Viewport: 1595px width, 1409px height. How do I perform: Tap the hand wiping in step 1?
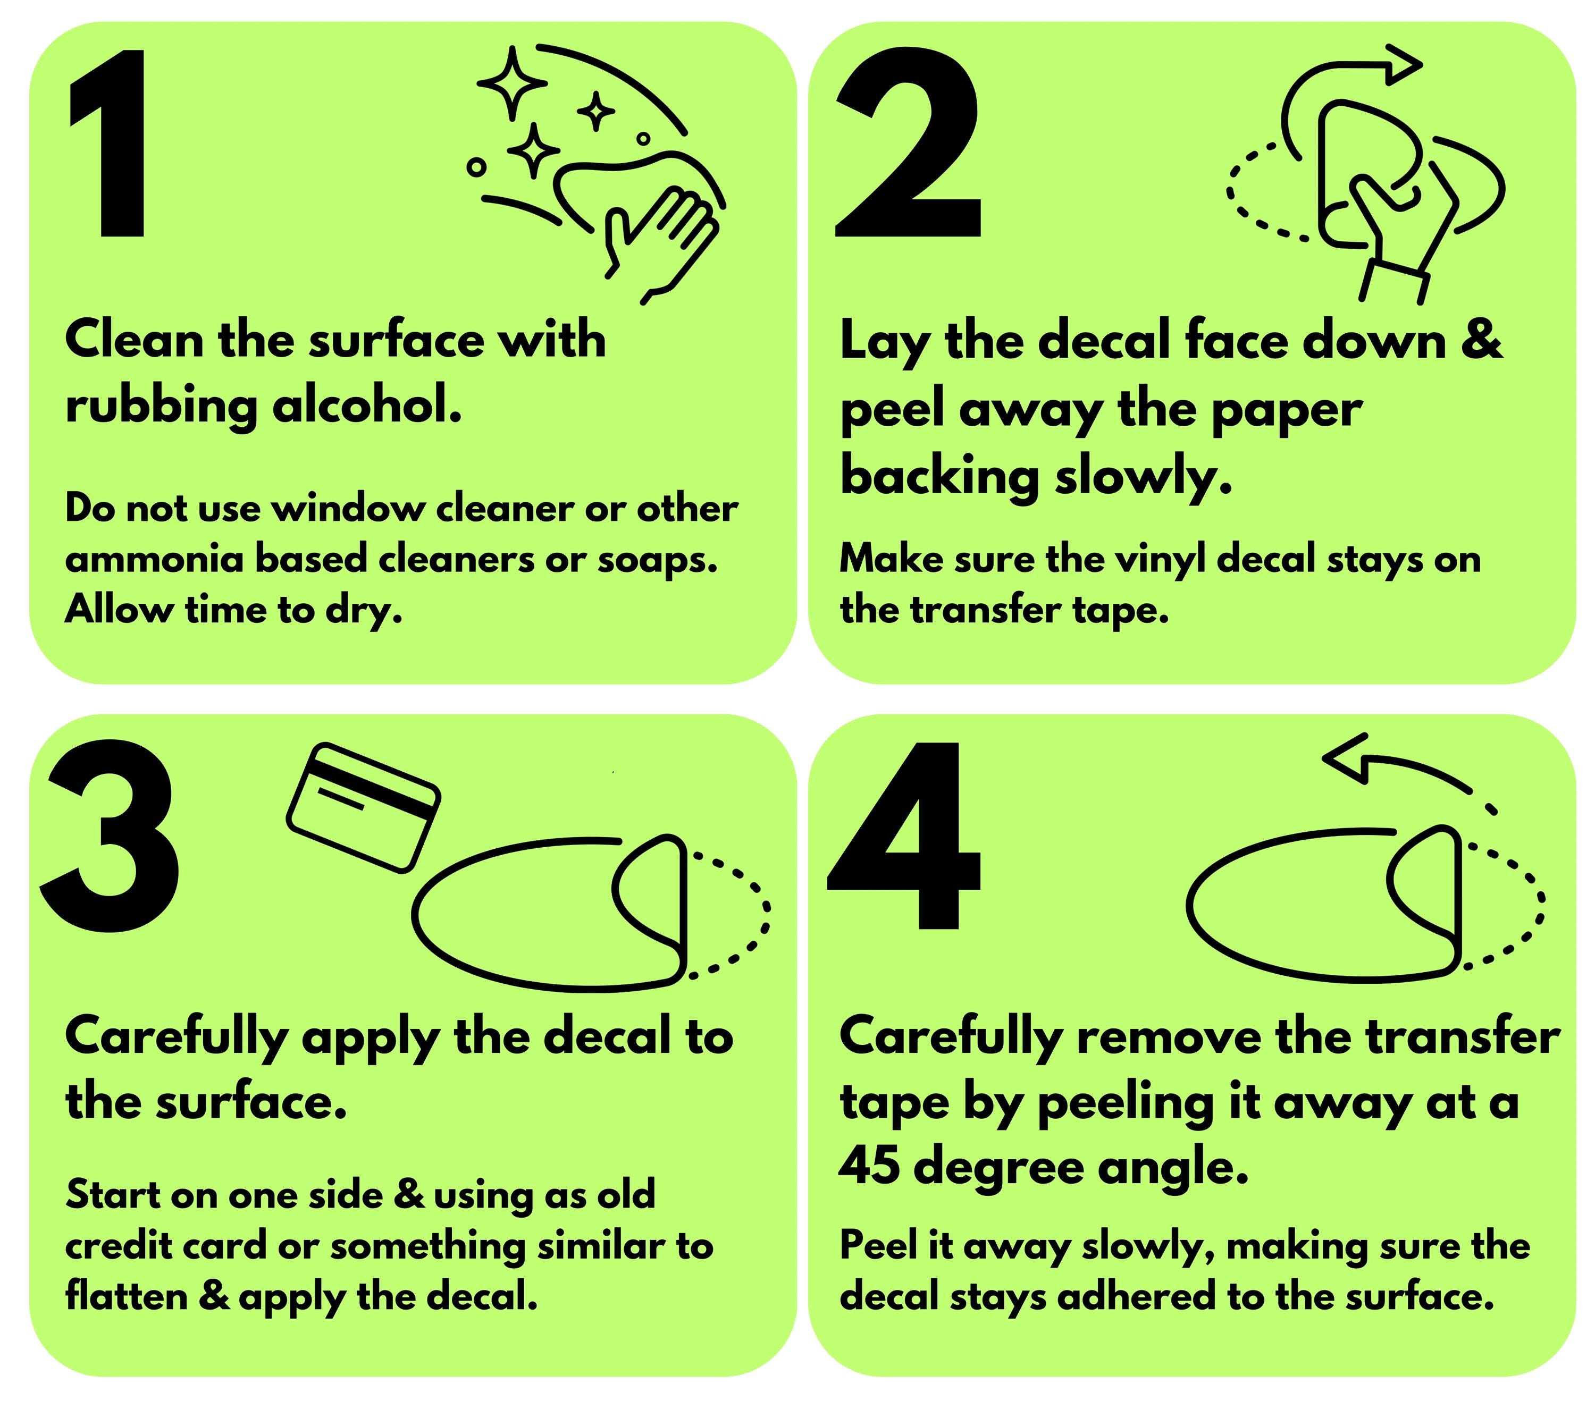[662, 242]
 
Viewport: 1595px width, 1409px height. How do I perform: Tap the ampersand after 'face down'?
[1480, 341]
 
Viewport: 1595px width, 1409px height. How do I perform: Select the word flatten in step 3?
[127, 1297]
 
